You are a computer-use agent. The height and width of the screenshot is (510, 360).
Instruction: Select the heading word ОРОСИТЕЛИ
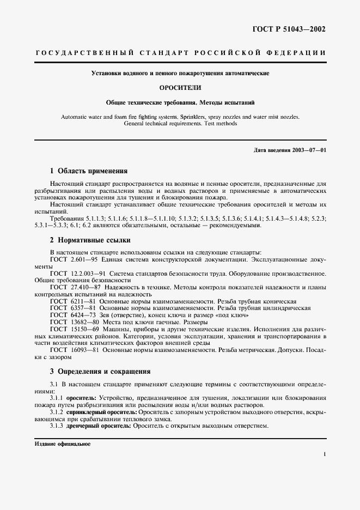[x=180, y=87]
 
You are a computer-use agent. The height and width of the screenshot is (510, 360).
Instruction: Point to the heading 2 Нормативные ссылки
[x=90, y=240]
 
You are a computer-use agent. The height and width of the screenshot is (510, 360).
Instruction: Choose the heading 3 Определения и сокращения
[x=100, y=372]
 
